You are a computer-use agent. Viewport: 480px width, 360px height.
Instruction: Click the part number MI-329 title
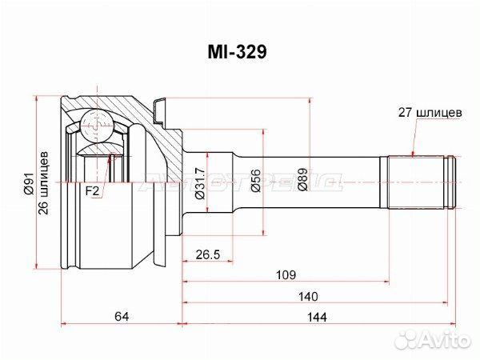[x=238, y=52]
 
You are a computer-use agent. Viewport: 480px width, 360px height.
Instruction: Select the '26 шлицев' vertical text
[x=43, y=182]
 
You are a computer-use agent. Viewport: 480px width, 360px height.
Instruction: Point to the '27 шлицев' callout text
[x=430, y=113]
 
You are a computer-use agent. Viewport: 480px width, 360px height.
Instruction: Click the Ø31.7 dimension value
[x=201, y=183]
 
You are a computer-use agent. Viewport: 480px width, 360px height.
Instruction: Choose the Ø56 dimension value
[x=256, y=181]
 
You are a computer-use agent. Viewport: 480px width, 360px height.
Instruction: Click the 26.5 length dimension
[x=208, y=254]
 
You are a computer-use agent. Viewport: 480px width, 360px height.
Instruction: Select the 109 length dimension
[x=286, y=275]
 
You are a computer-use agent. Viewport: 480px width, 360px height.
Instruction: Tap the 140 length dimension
[x=308, y=296]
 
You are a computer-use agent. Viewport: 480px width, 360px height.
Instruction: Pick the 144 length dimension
[x=317, y=317]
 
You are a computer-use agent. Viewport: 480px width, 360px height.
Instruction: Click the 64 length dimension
[x=122, y=316]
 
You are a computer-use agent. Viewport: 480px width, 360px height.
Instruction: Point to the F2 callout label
[x=92, y=191]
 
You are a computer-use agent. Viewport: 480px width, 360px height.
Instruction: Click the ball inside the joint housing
[x=97, y=126]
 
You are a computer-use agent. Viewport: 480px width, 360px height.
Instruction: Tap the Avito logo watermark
[x=432, y=340]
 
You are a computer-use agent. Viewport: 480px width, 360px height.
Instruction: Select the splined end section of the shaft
[x=415, y=182]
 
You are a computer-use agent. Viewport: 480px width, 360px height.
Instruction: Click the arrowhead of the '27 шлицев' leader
[x=413, y=154]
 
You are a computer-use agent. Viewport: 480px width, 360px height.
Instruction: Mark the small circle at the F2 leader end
[x=112, y=157]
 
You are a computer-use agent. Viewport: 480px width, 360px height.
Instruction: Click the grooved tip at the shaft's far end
[x=450, y=182]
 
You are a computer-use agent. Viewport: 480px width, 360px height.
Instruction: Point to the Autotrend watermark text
[x=240, y=182]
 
